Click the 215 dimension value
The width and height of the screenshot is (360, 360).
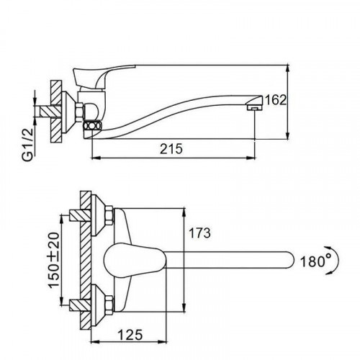tap(171, 149)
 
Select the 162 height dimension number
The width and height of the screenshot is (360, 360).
tap(276, 100)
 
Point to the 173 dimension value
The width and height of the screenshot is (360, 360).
tap(199, 233)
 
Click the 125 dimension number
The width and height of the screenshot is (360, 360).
tap(130, 335)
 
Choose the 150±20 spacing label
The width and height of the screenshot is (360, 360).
tap(53, 260)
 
